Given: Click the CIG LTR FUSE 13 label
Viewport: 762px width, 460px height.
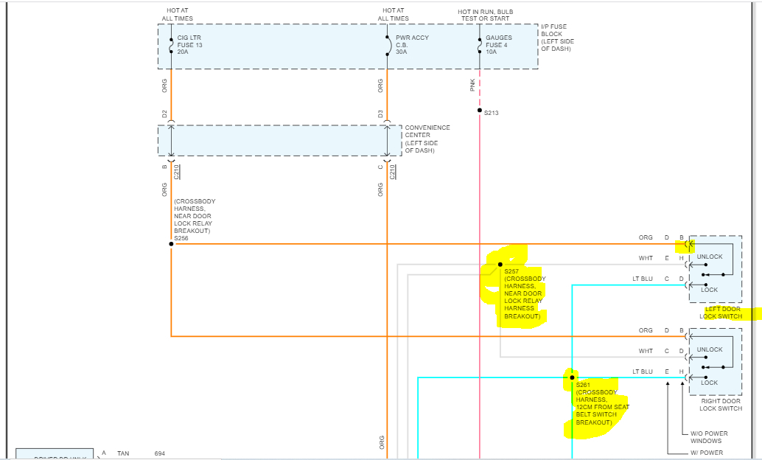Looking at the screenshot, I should point(189,45).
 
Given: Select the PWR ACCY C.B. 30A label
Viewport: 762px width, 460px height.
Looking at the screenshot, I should point(411,45).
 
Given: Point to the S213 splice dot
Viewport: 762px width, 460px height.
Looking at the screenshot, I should point(480,110).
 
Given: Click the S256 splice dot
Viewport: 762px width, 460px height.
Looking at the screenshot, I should point(171,243).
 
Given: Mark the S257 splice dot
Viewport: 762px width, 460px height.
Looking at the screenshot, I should point(500,264).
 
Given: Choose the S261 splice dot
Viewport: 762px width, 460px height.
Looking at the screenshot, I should point(572,377).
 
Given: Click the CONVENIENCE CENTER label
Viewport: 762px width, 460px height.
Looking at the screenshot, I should point(427,139).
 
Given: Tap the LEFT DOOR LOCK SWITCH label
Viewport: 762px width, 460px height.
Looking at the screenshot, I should point(721,312).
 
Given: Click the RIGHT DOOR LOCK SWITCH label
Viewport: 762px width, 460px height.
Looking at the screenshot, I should point(721,404).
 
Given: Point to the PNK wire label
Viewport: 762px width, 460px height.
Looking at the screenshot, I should point(472,86).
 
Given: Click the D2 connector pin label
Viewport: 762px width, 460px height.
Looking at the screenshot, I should point(164,114).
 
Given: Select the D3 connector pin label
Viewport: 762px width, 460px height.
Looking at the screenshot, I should point(380,114).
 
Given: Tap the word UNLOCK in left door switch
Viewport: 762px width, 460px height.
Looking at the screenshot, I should point(710,257).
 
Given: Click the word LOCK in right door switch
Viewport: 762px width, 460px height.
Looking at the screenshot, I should point(710,383).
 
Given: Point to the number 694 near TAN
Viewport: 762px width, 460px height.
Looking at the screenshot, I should point(161,453).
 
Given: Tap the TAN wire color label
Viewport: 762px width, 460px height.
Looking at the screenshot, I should point(123,453).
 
